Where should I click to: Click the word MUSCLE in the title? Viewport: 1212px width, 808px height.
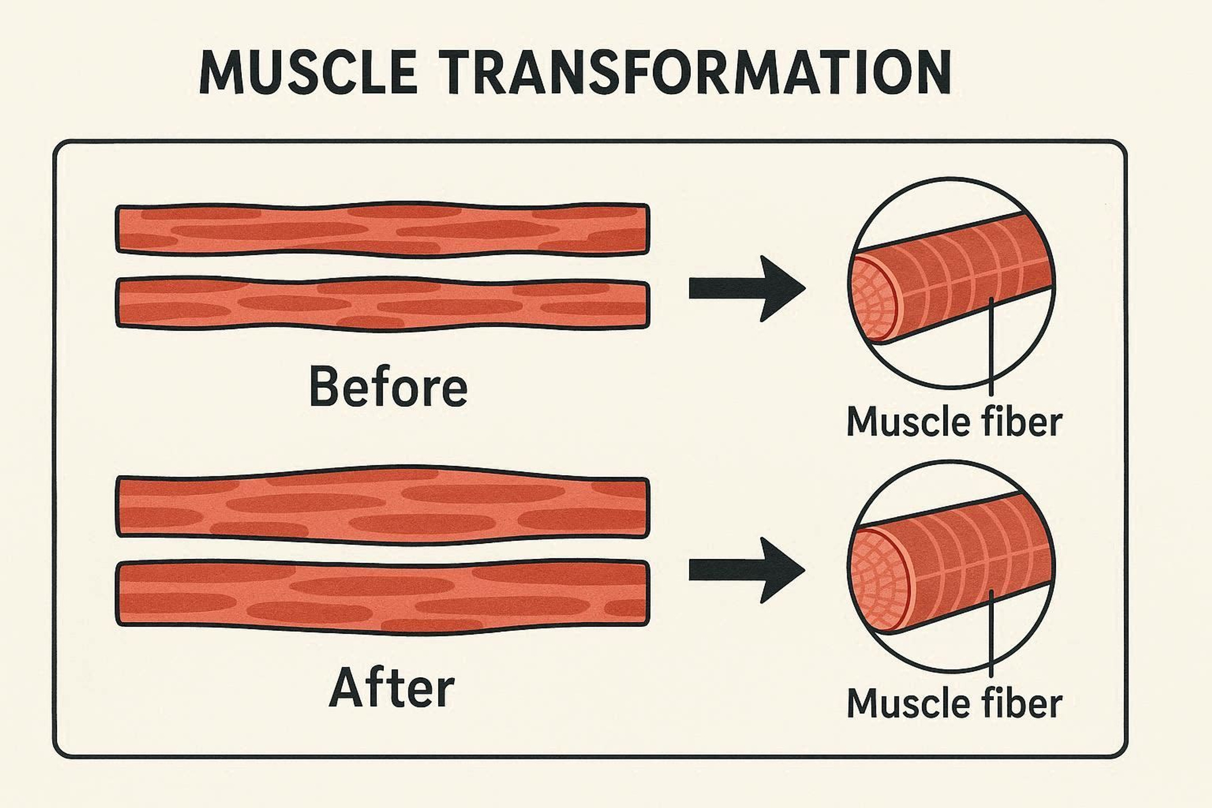(x=309, y=72)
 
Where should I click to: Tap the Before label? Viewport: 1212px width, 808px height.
(x=388, y=387)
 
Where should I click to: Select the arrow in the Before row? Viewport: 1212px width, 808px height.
(x=747, y=288)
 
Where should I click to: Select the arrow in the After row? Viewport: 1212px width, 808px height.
(x=747, y=570)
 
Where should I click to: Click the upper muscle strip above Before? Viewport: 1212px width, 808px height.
(x=383, y=229)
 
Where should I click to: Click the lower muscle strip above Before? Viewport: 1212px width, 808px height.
(x=383, y=304)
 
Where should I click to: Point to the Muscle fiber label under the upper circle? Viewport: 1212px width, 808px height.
(x=954, y=422)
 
